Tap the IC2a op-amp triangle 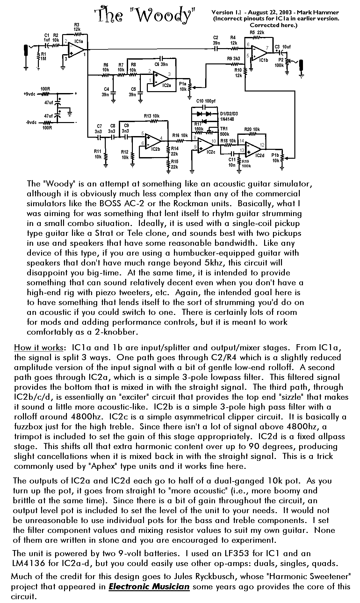point(161,78)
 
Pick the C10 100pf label point(206,101)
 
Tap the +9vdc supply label point(30,94)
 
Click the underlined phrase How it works point(40,347)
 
